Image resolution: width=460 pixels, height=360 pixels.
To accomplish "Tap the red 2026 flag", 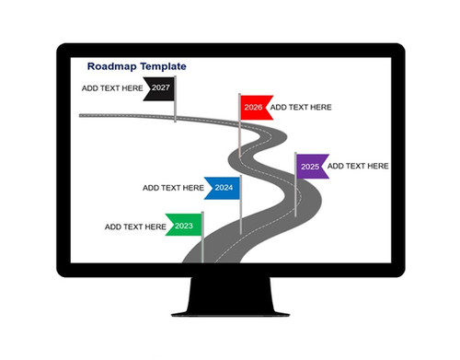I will pyautogui.click(x=253, y=107).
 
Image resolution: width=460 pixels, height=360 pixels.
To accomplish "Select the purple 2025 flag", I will pyautogui.click(x=311, y=167).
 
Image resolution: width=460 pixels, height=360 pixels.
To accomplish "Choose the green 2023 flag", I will pyautogui.click(x=184, y=226).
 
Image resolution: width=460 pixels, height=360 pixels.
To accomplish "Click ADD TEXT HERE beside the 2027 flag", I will pyautogui.click(x=112, y=87).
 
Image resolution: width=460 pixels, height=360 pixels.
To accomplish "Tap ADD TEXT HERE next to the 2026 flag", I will pyautogui.click(x=301, y=107).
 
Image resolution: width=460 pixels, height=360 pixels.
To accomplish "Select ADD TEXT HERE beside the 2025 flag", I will pyautogui.click(x=358, y=166).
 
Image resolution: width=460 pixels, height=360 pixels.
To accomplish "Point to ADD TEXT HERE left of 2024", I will pyautogui.click(x=173, y=187).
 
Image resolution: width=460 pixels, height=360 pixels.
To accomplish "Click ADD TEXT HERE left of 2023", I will pyautogui.click(x=135, y=226).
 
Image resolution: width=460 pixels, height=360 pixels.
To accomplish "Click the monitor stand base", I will pyautogui.click(x=230, y=304).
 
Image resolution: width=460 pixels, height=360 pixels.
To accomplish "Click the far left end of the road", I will pyautogui.click(x=83, y=115).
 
